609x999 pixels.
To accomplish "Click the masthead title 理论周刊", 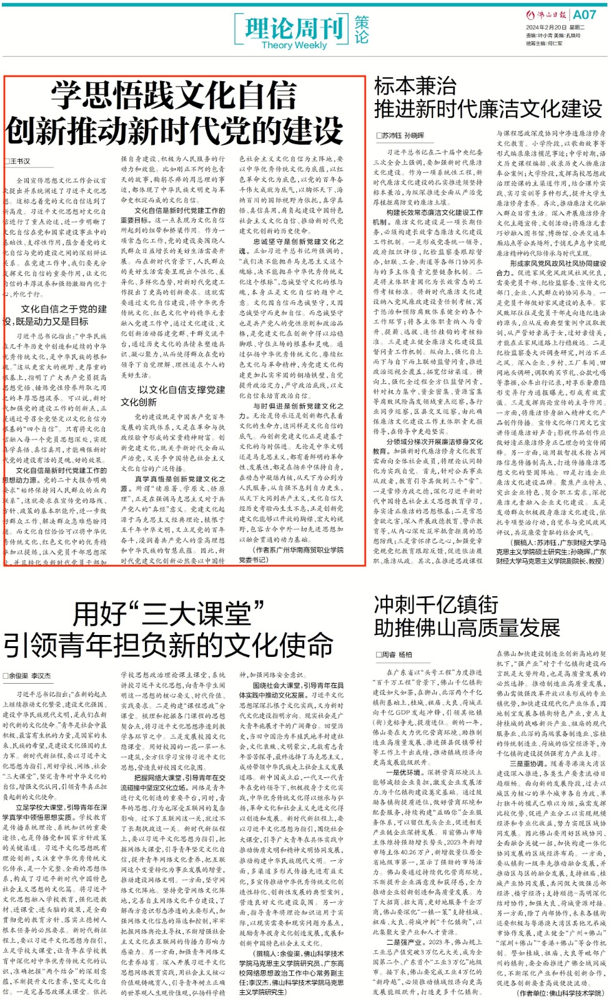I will (x=294, y=27).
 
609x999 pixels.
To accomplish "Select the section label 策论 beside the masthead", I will (x=362, y=30).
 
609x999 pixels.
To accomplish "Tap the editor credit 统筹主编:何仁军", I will (x=544, y=44).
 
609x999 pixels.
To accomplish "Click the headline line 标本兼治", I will (x=415, y=86).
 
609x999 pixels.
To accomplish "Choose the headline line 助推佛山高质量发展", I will (x=467, y=627).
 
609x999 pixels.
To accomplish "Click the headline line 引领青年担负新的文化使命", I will (x=168, y=644).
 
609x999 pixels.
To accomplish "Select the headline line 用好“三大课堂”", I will (x=168, y=614).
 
